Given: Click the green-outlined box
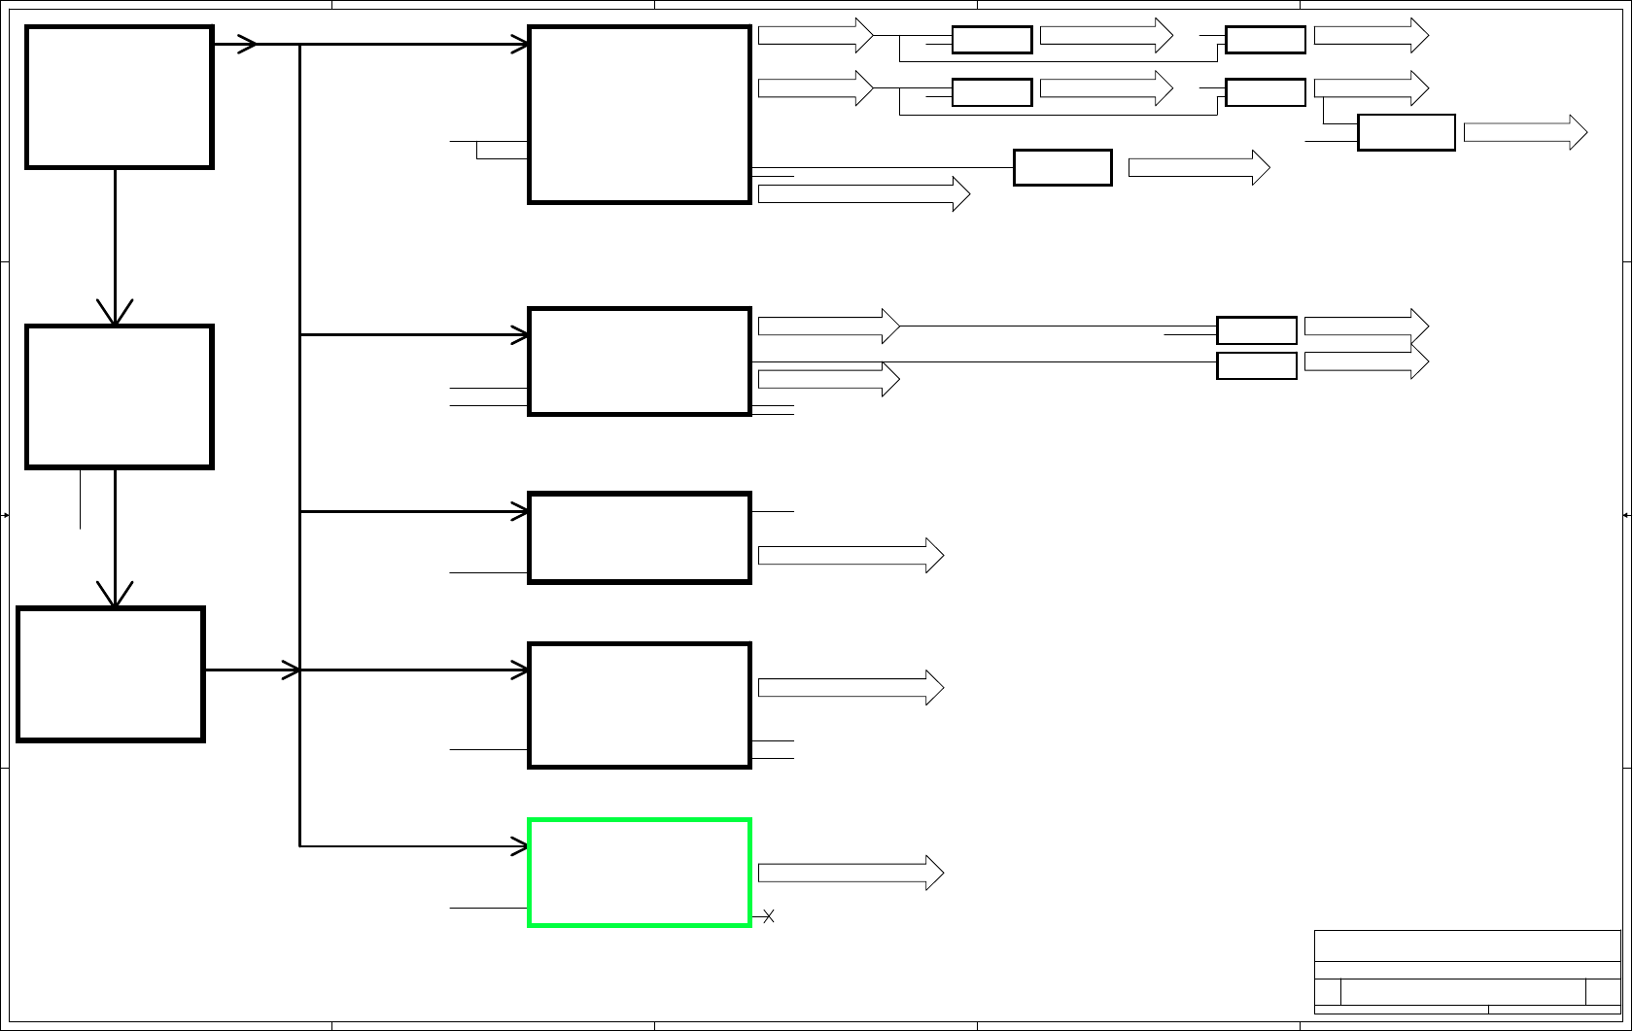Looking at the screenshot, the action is (640, 873).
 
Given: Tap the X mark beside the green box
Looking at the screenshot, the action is (768, 916).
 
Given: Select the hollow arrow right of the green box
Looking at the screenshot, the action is (851, 873).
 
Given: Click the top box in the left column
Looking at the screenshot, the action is (120, 97).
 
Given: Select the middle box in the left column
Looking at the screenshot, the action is (120, 396).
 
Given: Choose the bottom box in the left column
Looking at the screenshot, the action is (111, 674).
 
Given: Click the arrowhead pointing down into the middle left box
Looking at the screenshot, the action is (115, 313).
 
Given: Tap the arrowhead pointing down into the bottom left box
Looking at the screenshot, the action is (115, 595).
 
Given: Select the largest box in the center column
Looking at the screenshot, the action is (640, 115).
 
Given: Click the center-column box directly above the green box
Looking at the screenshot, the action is (640, 705).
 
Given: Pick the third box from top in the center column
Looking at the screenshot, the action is (640, 538).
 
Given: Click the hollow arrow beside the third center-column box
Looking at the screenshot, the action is (851, 556).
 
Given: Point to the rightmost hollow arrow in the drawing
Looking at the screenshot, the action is (1525, 132).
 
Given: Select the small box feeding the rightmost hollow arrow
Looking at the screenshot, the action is (1406, 132).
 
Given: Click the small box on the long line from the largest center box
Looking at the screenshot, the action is (1062, 167).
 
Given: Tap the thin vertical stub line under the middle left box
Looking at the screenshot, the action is (81, 499).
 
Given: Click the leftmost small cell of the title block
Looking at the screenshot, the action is (1328, 992).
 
